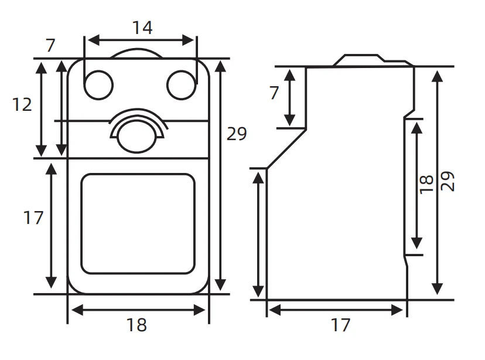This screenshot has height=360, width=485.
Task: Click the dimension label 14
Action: click(x=142, y=28)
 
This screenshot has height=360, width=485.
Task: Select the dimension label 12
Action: click(x=22, y=104)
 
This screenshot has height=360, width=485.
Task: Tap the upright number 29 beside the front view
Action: click(x=237, y=134)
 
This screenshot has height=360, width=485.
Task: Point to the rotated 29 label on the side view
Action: click(x=448, y=181)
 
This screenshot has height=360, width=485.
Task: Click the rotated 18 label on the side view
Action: click(x=426, y=185)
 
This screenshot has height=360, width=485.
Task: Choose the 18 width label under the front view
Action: click(x=136, y=325)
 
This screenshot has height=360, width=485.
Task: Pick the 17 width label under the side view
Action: click(x=340, y=325)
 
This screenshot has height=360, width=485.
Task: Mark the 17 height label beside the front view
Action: click(x=33, y=218)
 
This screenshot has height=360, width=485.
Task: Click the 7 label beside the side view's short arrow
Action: click(x=274, y=93)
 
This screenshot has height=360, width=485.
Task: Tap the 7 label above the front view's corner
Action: click(x=50, y=46)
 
